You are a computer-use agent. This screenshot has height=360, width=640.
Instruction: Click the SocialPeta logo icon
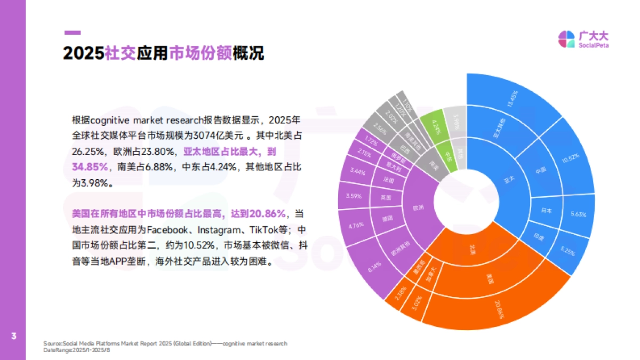click(566, 39)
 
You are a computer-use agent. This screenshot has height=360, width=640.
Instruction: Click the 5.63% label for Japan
click(578, 214)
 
